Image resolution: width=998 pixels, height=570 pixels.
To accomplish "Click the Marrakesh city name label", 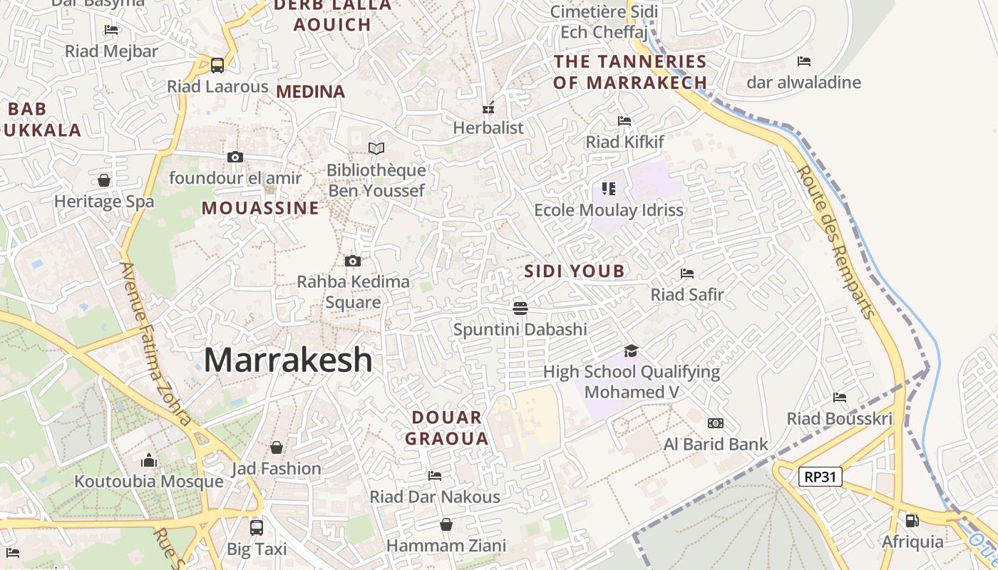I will [x=288, y=360].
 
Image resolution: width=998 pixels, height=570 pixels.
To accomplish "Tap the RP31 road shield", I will [x=820, y=477].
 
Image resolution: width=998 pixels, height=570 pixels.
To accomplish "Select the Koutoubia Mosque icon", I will [x=149, y=460].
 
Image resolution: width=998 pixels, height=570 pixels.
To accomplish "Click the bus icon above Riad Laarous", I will [x=217, y=65].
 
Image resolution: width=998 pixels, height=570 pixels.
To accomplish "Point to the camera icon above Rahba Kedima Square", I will [x=352, y=261].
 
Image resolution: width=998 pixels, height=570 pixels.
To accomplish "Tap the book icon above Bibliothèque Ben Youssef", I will [x=376, y=148].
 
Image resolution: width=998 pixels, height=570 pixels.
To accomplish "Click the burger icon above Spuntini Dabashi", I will [x=520, y=308].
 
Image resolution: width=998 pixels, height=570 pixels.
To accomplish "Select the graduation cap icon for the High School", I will [x=631, y=351].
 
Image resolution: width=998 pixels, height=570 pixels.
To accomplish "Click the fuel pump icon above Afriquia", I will [x=912, y=521].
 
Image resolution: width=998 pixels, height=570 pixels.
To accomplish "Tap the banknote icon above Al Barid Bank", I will [x=716, y=423].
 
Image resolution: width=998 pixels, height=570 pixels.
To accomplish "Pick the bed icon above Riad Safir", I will [x=687, y=273].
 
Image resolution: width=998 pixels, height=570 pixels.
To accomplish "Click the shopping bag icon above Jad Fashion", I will [x=276, y=447].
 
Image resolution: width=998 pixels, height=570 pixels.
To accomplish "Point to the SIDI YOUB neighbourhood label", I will [x=575, y=271].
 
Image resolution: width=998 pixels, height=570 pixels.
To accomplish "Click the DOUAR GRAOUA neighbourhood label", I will [x=447, y=427].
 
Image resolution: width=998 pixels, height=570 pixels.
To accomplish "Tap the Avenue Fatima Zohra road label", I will [x=156, y=343].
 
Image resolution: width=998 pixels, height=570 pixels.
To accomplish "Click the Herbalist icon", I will [x=488, y=108].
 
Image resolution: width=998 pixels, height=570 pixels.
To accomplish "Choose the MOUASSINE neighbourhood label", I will [x=260, y=208].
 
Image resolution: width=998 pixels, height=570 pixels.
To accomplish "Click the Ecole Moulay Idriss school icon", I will [x=608, y=189].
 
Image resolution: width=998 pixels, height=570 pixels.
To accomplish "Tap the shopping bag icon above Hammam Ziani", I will [x=446, y=524].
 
